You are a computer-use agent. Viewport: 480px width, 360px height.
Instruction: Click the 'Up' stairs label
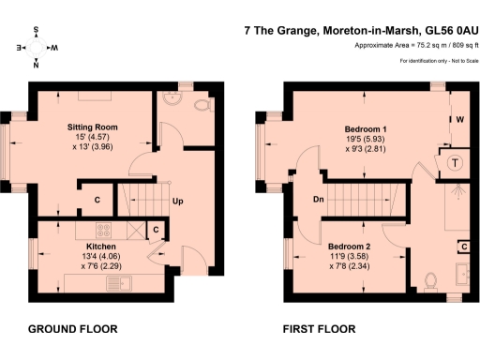176,202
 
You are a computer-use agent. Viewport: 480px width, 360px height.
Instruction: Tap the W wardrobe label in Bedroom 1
460,120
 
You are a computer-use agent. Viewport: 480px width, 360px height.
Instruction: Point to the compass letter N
36,64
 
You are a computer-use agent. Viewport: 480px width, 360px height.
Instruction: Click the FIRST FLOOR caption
319,329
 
